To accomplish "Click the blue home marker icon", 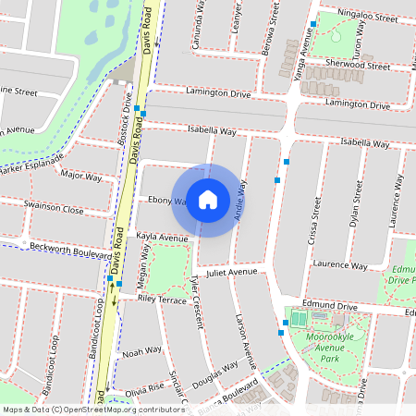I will [x=208, y=200].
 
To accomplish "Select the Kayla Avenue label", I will [x=162, y=238].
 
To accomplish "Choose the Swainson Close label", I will [x=54, y=210].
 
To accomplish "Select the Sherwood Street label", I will [x=360, y=67].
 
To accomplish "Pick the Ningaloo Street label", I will [x=367, y=16].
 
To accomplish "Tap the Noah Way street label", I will [x=142, y=351].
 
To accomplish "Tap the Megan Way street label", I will [x=144, y=270].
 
